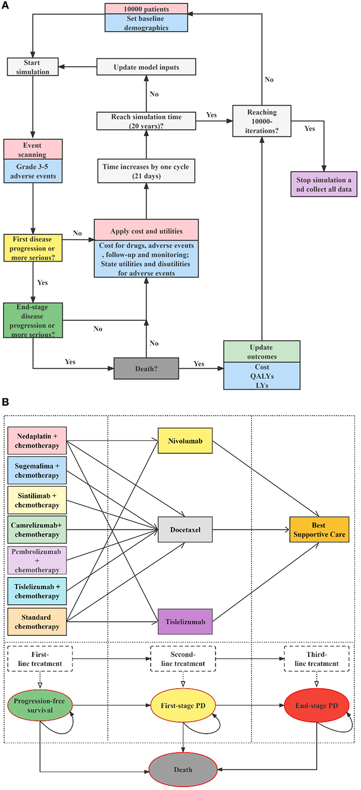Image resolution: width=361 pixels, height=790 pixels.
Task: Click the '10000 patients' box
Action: pyautogui.click(x=146, y=9)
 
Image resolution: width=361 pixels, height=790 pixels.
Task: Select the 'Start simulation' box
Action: pyautogui.click(x=32, y=67)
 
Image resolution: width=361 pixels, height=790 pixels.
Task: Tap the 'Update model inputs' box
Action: pyautogui.click(x=146, y=67)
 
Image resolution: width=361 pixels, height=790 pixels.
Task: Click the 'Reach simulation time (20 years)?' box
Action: pyautogui.click(x=146, y=121)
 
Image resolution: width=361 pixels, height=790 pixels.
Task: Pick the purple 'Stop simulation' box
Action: pyautogui.click(x=323, y=184)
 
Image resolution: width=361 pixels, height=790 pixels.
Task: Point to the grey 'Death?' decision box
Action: pyautogui.click(x=146, y=369)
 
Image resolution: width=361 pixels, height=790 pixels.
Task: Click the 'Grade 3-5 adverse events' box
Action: pyautogui.click(x=33, y=171)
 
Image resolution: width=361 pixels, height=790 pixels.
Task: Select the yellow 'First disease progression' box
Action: pyautogui.click(x=33, y=249)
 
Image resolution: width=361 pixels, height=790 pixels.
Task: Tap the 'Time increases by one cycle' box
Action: pyautogui.click(x=146, y=171)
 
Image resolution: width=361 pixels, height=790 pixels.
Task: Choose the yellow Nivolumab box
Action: pyautogui.click(x=185, y=441)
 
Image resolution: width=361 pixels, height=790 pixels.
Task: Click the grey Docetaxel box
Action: pyautogui.click(x=185, y=529)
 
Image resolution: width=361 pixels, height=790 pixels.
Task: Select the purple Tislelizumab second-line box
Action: pyautogui.click(x=185, y=622)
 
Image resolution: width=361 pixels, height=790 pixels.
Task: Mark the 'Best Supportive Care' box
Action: pyautogui.click(x=319, y=529)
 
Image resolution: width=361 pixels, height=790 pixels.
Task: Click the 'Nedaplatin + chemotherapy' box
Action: pyautogui.click(x=37, y=441)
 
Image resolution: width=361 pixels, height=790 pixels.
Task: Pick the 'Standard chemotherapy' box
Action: pyautogui.click(x=37, y=622)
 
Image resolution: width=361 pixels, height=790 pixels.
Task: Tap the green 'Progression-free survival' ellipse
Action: pyautogui.click(x=40, y=705)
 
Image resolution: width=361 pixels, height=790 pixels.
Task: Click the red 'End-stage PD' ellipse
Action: pyautogui.click(x=317, y=705)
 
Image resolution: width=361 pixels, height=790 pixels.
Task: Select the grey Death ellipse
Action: pyautogui.click(x=183, y=770)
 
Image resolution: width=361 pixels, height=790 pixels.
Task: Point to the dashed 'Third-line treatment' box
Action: pyautogui.click(x=316, y=659)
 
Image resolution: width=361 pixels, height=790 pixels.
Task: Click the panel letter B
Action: pyautogui.click(x=6, y=402)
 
